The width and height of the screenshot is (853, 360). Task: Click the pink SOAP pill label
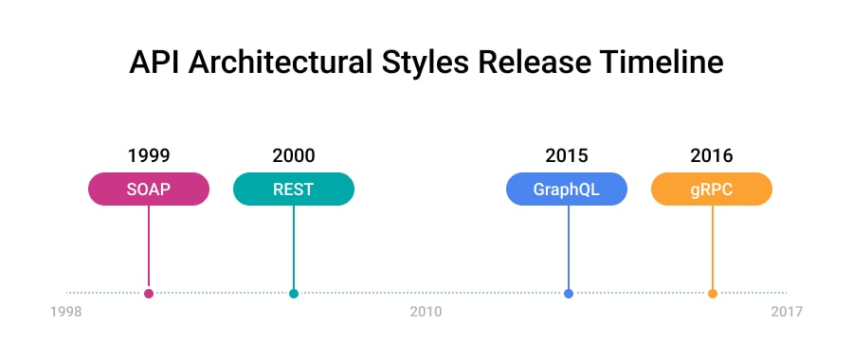click(x=149, y=189)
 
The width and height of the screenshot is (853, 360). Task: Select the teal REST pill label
click(x=294, y=189)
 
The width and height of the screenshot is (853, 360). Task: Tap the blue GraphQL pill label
click(x=567, y=189)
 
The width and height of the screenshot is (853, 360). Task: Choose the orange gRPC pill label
click(x=712, y=189)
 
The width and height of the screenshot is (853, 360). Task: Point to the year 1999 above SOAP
click(x=149, y=155)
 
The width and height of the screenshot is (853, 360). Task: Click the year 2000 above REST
click(x=294, y=155)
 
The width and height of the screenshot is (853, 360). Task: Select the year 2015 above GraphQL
click(x=567, y=155)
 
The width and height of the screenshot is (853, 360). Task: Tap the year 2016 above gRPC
click(x=712, y=155)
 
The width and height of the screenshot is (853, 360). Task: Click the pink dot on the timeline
click(x=149, y=294)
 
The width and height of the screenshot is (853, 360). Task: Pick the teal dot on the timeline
click(x=294, y=294)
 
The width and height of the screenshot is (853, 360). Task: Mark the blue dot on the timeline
click(x=569, y=294)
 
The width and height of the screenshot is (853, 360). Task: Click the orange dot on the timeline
click(x=713, y=294)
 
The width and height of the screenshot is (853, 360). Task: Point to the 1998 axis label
click(x=66, y=312)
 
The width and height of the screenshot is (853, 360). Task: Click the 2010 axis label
click(x=426, y=312)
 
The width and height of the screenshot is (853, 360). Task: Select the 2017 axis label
click(x=787, y=312)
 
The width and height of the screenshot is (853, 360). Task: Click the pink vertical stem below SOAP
click(x=149, y=246)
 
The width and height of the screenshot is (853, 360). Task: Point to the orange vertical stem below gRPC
click(x=713, y=246)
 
